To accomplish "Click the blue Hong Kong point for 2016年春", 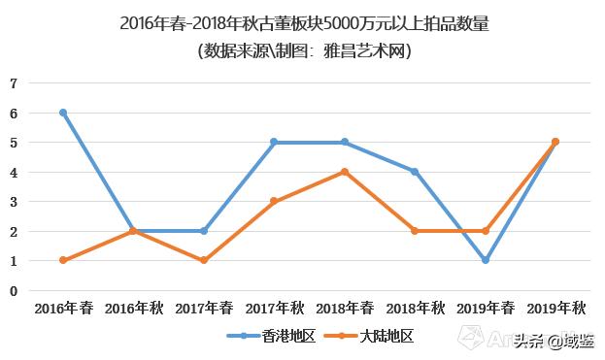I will click(x=63, y=113).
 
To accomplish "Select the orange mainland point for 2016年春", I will click(x=63, y=260).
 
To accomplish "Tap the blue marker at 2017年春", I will click(x=204, y=231).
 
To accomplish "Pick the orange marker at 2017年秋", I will click(x=274, y=202).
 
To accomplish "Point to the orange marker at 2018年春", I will click(x=345, y=172).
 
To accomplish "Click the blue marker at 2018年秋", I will click(x=415, y=172).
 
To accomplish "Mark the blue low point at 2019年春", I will click(x=485, y=260).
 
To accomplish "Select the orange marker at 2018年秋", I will click(x=415, y=231).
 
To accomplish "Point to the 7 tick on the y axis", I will click(x=14, y=83).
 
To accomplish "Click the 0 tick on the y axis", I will click(x=14, y=290).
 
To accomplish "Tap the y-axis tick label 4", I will click(x=14, y=172).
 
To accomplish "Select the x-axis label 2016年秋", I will click(x=134, y=309).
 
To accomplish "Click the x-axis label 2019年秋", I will click(x=555, y=309).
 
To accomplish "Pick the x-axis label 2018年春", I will click(x=345, y=309).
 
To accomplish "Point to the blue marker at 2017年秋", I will click(x=274, y=143).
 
